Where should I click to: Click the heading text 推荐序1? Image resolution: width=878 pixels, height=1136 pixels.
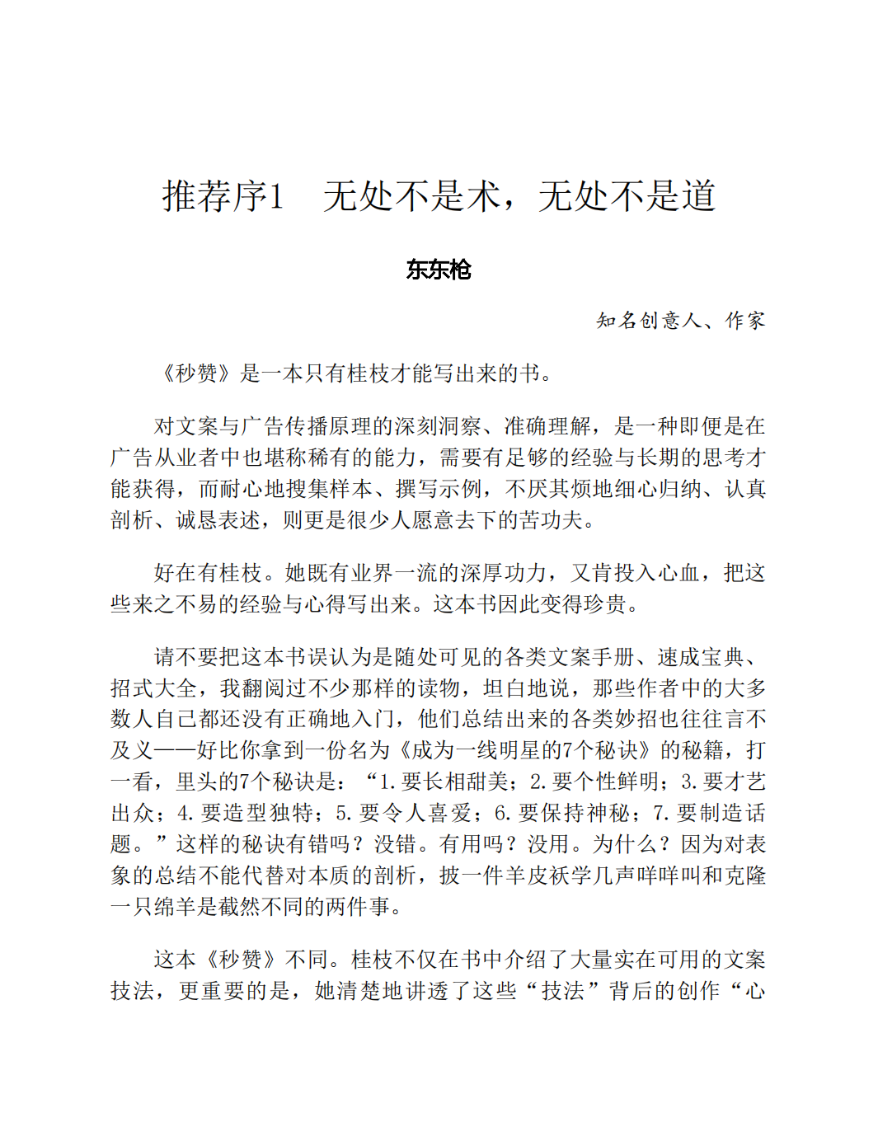point(223,196)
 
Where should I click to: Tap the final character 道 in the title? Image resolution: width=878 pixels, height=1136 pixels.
point(697,196)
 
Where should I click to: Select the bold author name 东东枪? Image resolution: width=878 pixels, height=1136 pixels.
point(439,270)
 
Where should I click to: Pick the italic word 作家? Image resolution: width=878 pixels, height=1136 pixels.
point(745,320)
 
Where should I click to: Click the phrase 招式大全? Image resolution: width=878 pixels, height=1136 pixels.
point(154,688)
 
